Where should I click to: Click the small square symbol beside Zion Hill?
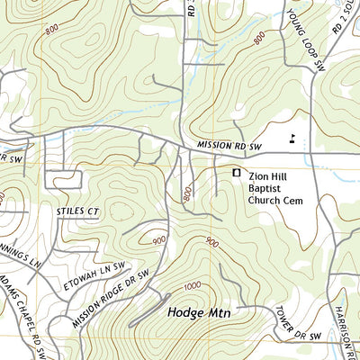point(238,172)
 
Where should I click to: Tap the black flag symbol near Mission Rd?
point(292,138)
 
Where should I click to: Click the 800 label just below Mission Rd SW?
point(187,193)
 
